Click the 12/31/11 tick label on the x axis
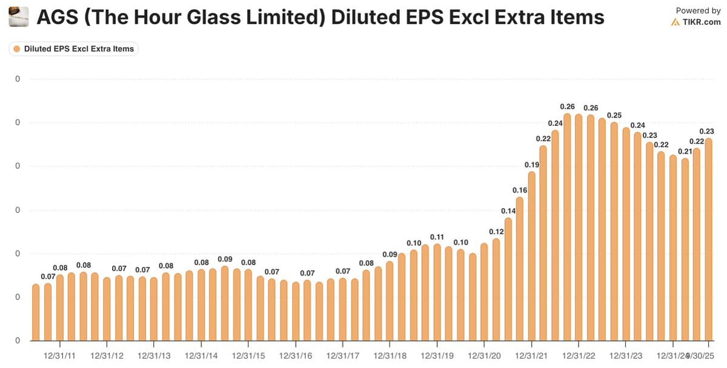tap(60, 355)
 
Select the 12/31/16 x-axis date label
tap(296, 355)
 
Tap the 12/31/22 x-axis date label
tap(578, 355)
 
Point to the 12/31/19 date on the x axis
tap(437, 355)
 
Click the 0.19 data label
tap(531, 165)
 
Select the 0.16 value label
tap(520, 190)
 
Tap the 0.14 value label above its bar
tap(508, 211)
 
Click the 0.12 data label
tap(496, 231)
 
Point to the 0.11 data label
tap(437, 237)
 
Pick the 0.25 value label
tap(614, 115)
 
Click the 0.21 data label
tap(685, 151)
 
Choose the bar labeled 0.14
tap(508, 279)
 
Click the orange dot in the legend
tap(17, 48)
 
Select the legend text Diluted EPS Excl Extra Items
tap(79, 48)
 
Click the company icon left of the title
tap(19, 18)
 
